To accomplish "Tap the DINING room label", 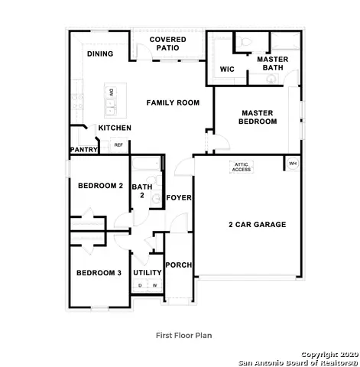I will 100,54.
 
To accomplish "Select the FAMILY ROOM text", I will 173,102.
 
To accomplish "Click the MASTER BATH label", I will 271,63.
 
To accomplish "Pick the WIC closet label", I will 226,69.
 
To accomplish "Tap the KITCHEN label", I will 114,128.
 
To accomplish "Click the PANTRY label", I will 83,150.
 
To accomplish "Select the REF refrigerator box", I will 118,145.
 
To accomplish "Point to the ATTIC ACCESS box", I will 242,167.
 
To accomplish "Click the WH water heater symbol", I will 292,163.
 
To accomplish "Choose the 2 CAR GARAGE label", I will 257,225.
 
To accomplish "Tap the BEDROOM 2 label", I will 100,186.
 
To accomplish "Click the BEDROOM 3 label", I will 98,273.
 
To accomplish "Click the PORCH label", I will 179,265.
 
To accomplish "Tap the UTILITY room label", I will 147,273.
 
